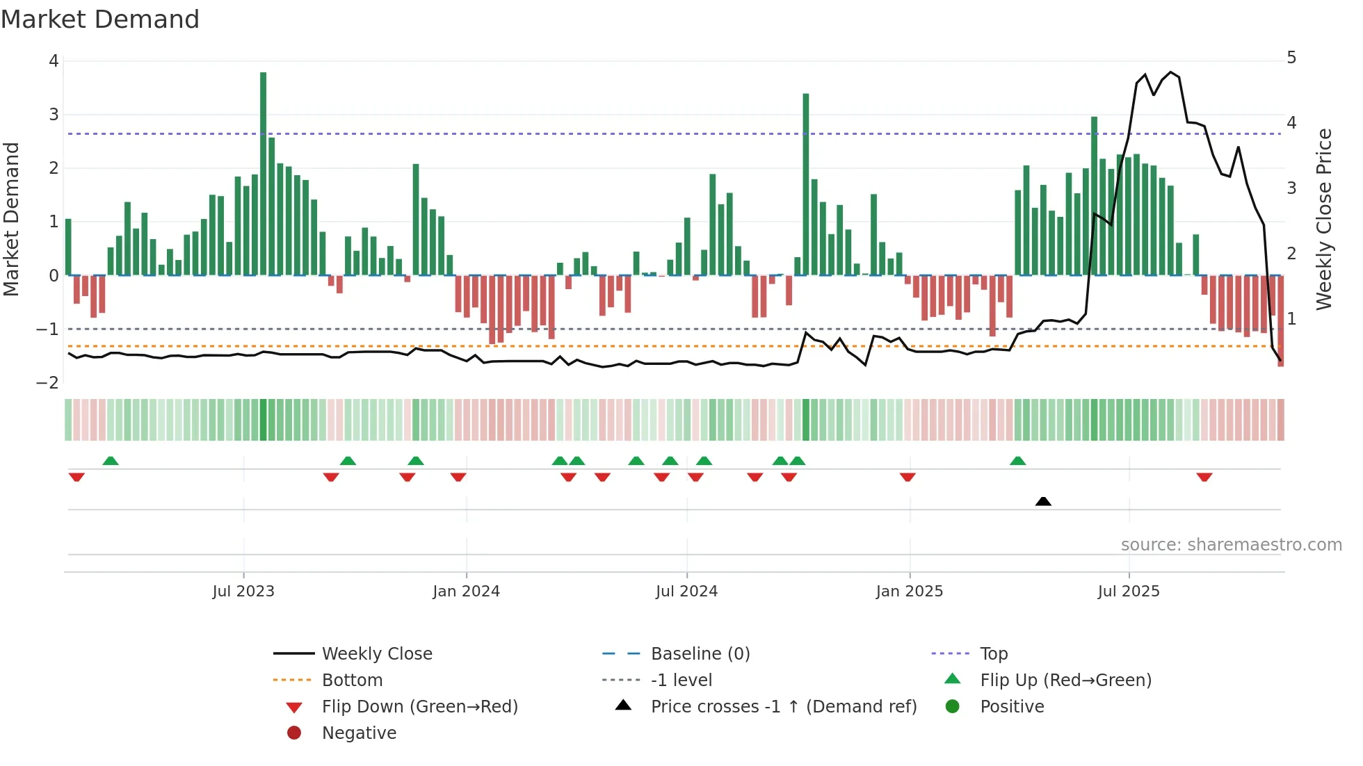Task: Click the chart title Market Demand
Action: [x=100, y=19]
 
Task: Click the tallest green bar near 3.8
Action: [x=263, y=174]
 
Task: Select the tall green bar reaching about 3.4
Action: [x=805, y=184]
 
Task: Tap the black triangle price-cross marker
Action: [x=1043, y=501]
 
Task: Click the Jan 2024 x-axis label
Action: [x=466, y=592]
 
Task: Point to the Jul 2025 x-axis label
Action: [x=1129, y=592]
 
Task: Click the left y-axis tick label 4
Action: [x=54, y=61]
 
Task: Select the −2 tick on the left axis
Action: [x=47, y=383]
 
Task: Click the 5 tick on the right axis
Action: [x=1291, y=58]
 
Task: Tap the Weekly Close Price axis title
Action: [x=1324, y=219]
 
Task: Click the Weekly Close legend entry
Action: [x=376, y=654]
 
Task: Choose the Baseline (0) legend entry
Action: [x=700, y=654]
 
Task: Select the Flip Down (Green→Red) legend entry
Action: [x=419, y=707]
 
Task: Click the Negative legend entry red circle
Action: [x=294, y=733]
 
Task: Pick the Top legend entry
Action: [x=993, y=654]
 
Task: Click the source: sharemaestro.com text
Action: [x=1231, y=545]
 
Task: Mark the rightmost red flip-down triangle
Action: [x=1204, y=477]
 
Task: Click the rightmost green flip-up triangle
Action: [x=1017, y=461]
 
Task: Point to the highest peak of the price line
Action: [x=1171, y=72]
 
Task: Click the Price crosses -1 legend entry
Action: [x=783, y=707]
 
